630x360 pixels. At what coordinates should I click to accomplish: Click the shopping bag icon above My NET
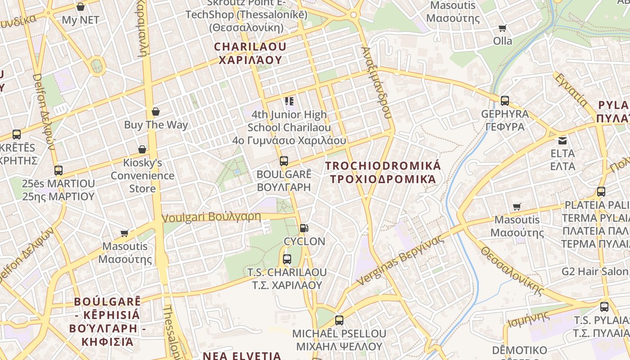[81, 7]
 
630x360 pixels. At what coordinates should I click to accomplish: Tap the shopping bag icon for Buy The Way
[156, 112]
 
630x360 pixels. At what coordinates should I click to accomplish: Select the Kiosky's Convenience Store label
[143, 175]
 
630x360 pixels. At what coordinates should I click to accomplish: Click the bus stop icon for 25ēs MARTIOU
[58, 171]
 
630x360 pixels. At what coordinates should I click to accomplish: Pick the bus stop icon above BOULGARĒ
[283, 161]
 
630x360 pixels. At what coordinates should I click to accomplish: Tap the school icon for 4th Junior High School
[288, 101]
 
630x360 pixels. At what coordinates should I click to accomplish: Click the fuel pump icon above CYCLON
[304, 228]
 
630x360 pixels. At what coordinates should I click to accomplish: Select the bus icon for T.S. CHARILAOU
[287, 259]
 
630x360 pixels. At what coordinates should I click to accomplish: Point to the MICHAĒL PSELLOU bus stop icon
[339, 320]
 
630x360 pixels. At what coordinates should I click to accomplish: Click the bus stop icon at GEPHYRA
[504, 101]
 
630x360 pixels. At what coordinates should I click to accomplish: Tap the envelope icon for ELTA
[562, 140]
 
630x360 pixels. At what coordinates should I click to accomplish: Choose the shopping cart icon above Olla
[503, 28]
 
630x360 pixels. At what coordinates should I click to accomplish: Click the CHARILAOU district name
[250, 53]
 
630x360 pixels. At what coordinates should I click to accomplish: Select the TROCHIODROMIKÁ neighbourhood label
[383, 172]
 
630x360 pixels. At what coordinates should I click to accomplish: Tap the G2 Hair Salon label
[594, 271]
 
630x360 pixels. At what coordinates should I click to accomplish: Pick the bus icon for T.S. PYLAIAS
[604, 307]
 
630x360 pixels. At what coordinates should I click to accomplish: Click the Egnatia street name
[571, 90]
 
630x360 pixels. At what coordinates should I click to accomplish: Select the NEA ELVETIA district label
[242, 355]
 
